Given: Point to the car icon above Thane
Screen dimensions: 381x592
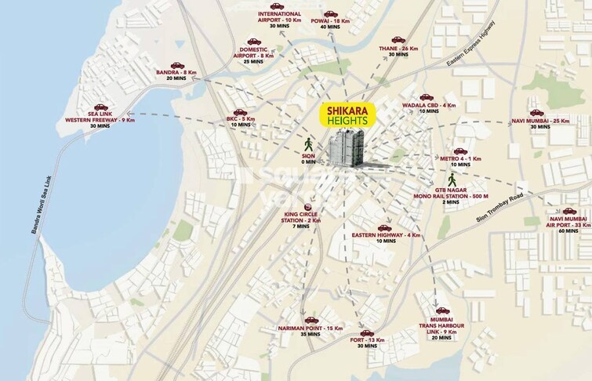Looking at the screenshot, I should point(398,39).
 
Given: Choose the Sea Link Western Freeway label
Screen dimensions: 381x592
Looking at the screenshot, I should point(100,119).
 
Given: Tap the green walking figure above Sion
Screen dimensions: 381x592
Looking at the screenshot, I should point(308,143).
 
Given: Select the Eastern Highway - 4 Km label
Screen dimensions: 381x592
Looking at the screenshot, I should point(387,235).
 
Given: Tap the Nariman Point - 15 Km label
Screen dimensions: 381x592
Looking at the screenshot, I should point(312,328).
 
